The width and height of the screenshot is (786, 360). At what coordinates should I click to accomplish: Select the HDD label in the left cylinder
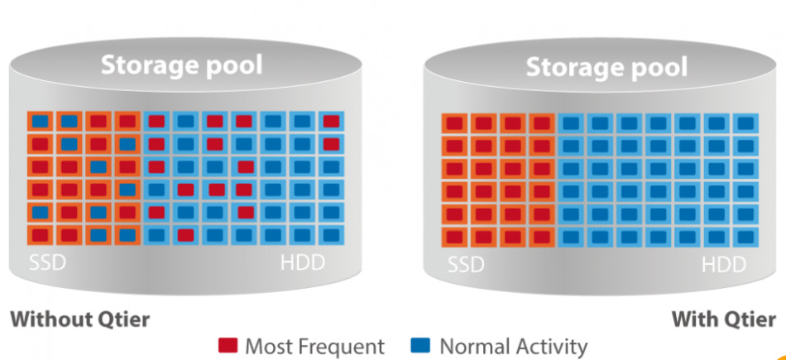[302, 265]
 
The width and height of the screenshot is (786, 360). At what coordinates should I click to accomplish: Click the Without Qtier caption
[80, 319]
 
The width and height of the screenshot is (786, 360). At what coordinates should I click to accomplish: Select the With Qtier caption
[723, 319]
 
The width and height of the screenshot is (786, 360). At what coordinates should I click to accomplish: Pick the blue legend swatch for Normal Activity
[420, 346]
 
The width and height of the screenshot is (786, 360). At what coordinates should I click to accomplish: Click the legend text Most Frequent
[314, 346]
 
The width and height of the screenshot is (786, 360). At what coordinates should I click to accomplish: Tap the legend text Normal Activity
[513, 346]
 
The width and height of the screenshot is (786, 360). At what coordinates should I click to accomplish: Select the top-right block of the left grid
[332, 122]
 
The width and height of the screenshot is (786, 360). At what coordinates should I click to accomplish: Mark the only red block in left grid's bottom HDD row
[185, 234]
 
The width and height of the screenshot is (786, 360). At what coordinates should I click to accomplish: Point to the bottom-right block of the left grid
[332, 234]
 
